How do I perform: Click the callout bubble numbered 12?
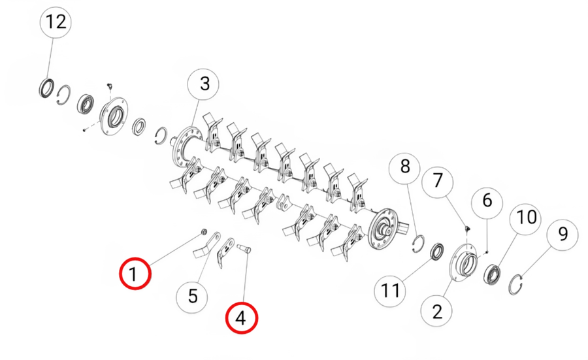click(56, 22)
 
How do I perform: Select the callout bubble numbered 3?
click(204, 84)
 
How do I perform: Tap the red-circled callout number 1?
click(135, 273)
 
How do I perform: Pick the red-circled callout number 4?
click(242, 318)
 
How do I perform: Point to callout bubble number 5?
click(192, 296)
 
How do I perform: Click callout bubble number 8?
click(405, 166)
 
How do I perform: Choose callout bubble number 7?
click(438, 181)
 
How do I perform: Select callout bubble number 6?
click(487, 201)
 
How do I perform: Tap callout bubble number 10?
click(526, 218)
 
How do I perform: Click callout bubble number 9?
click(563, 235)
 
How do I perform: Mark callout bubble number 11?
click(390, 291)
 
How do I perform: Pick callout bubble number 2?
click(437, 311)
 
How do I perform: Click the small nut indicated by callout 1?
click(204, 232)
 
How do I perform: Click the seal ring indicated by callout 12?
click(47, 88)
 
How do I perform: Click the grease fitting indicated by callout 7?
click(467, 229)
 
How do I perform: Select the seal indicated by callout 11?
click(436, 252)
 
